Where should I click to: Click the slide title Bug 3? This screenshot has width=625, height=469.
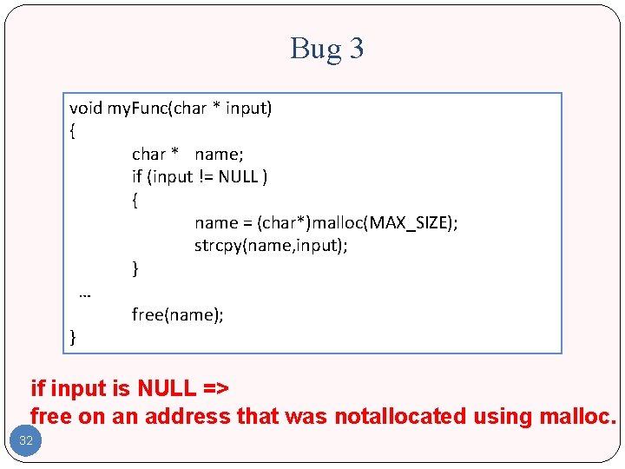[326, 49]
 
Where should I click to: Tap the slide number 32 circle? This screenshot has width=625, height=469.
[26, 440]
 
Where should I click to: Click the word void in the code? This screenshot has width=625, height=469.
[86, 109]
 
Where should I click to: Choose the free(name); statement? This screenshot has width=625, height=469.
[178, 314]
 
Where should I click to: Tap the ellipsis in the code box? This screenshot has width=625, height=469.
[84, 293]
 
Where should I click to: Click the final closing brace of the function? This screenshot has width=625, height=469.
[73, 337]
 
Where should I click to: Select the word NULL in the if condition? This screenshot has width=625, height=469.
[238, 177]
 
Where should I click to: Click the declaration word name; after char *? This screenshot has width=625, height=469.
[220, 155]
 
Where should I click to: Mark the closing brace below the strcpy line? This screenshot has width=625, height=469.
[135, 268]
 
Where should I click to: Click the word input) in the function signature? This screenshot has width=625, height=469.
[249, 109]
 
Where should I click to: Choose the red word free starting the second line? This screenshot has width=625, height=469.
[51, 417]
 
